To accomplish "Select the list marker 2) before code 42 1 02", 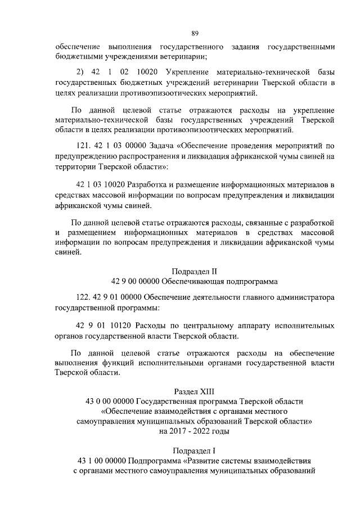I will click(x=80, y=73).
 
